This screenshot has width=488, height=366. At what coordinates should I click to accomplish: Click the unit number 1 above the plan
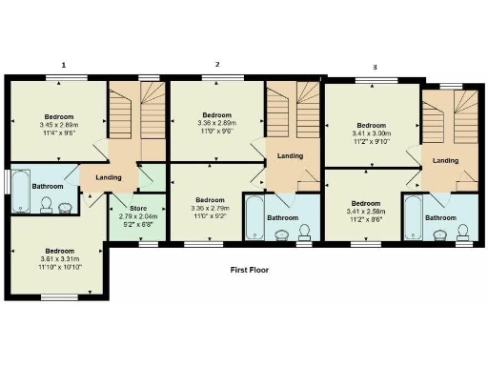[64, 65]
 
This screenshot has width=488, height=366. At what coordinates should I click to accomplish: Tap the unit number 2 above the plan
[217, 65]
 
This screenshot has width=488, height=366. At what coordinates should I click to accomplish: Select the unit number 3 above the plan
[375, 67]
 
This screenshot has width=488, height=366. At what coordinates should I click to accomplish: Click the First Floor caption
[250, 270]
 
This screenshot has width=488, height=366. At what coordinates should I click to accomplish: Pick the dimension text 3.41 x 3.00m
[371, 134]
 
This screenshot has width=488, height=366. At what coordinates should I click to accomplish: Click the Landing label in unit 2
[290, 156]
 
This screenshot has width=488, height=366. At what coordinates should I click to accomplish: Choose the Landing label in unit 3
[445, 160]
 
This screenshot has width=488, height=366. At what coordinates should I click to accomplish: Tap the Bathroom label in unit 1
[49, 186]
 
